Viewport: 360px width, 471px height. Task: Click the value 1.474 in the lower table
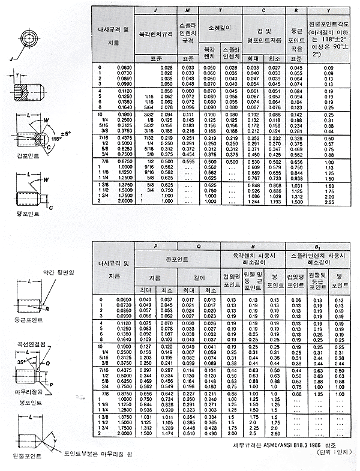pos(166,433)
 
